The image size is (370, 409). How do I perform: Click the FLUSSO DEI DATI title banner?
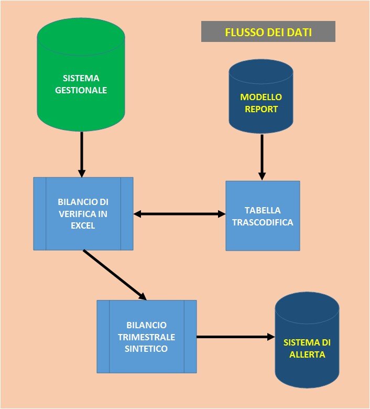tap(268, 31)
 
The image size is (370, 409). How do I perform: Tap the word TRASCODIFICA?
tap(263, 222)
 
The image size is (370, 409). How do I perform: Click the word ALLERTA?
tap(307, 354)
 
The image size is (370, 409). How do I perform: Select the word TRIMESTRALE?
tap(146, 337)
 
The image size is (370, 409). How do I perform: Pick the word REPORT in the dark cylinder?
tap(261, 109)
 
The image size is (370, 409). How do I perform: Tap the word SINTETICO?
tap(146, 348)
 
